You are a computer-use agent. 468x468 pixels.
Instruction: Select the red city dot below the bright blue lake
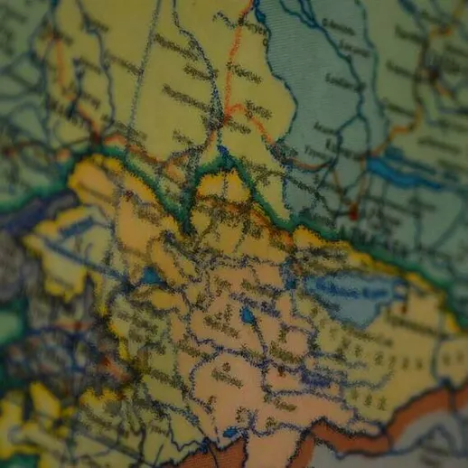click(353, 213)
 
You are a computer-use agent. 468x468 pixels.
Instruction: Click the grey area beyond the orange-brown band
click(434, 443)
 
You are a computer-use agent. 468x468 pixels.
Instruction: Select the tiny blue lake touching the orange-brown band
click(231, 434)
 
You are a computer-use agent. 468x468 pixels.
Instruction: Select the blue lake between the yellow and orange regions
click(149, 276)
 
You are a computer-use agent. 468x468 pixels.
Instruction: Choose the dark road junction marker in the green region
click(434, 72)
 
